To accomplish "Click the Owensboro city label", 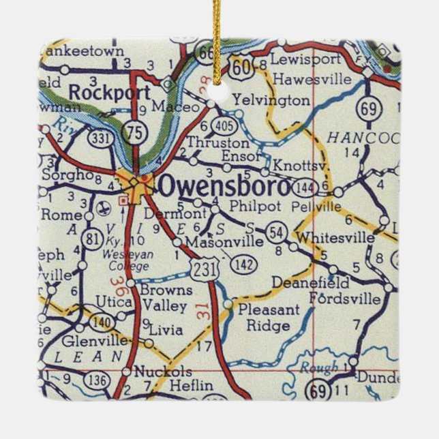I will click(225, 185).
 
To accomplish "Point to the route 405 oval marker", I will click(224, 125).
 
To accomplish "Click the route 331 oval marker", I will click(100, 138).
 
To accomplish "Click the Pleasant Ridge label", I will click(268, 318).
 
